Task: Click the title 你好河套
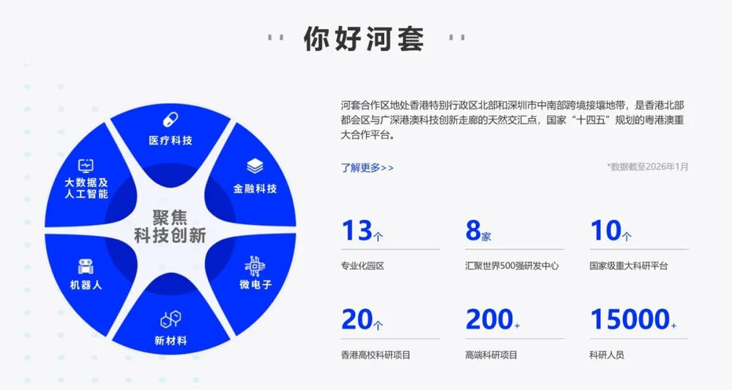pos(364,38)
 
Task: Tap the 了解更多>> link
pos(367,167)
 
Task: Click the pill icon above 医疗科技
pos(171,119)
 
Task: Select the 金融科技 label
pos(255,188)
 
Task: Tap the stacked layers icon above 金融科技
pos(255,166)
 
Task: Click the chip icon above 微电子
pos(255,266)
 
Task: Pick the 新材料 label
pos(171,340)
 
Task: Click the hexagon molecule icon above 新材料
pos(171,320)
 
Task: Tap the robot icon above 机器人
pos(86,266)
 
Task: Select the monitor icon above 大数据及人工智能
pos(86,166)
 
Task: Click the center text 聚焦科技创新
pos(170,227)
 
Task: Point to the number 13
pos(356,230)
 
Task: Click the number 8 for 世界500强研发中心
pos(473,230)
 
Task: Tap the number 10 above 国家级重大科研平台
pos(606,230)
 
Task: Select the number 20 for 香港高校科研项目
pos(357,320)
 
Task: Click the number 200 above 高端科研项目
pos(489,320)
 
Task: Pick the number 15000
pos(630,320)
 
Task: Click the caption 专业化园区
pos(362,265)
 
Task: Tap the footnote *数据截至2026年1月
pos(648,166)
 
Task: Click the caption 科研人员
pos(606,355)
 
